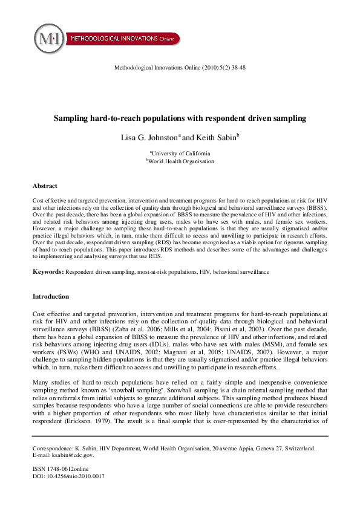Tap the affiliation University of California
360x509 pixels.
181,154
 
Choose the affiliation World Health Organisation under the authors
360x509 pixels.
181,162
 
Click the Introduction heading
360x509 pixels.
51,297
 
